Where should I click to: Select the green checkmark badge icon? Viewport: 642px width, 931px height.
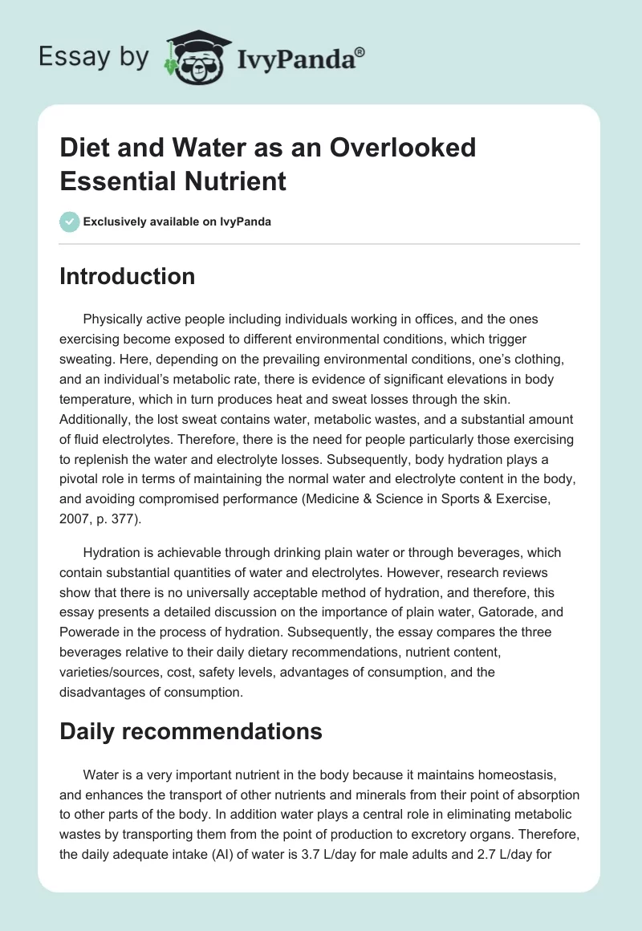70,222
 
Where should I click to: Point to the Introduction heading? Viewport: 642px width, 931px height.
128,276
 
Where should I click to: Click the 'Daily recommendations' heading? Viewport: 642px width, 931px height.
191,731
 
